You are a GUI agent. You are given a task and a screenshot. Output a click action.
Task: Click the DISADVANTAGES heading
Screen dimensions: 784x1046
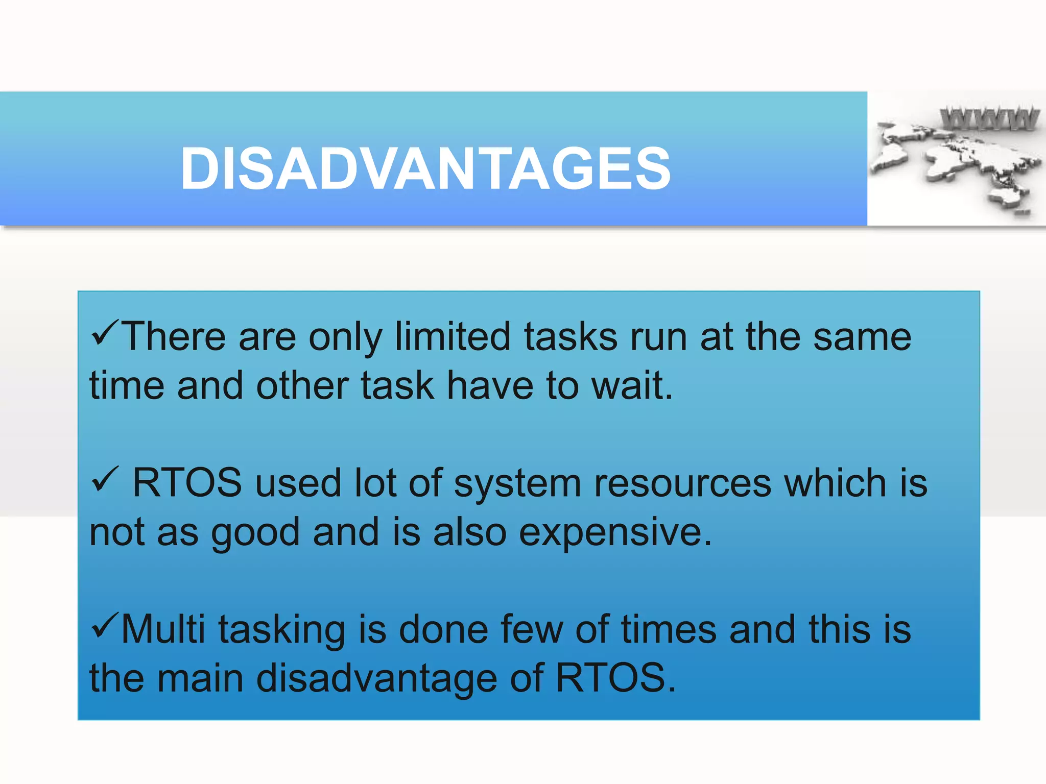point(425,169)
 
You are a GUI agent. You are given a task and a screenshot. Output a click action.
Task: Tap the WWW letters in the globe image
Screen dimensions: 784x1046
point(989,119)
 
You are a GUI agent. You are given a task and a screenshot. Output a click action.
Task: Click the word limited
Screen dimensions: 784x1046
point(453,337)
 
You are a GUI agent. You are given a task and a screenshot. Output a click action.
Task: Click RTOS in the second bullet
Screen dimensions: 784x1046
point(187,483)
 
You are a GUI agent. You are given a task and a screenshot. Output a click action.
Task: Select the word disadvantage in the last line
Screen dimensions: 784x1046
point(376,678)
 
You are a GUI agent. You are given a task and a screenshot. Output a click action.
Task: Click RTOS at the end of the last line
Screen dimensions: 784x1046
point(614,678)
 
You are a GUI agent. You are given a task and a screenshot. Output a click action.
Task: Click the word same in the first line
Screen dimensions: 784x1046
point(862,337)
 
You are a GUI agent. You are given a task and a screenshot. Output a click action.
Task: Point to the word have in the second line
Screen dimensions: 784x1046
point(490,385)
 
